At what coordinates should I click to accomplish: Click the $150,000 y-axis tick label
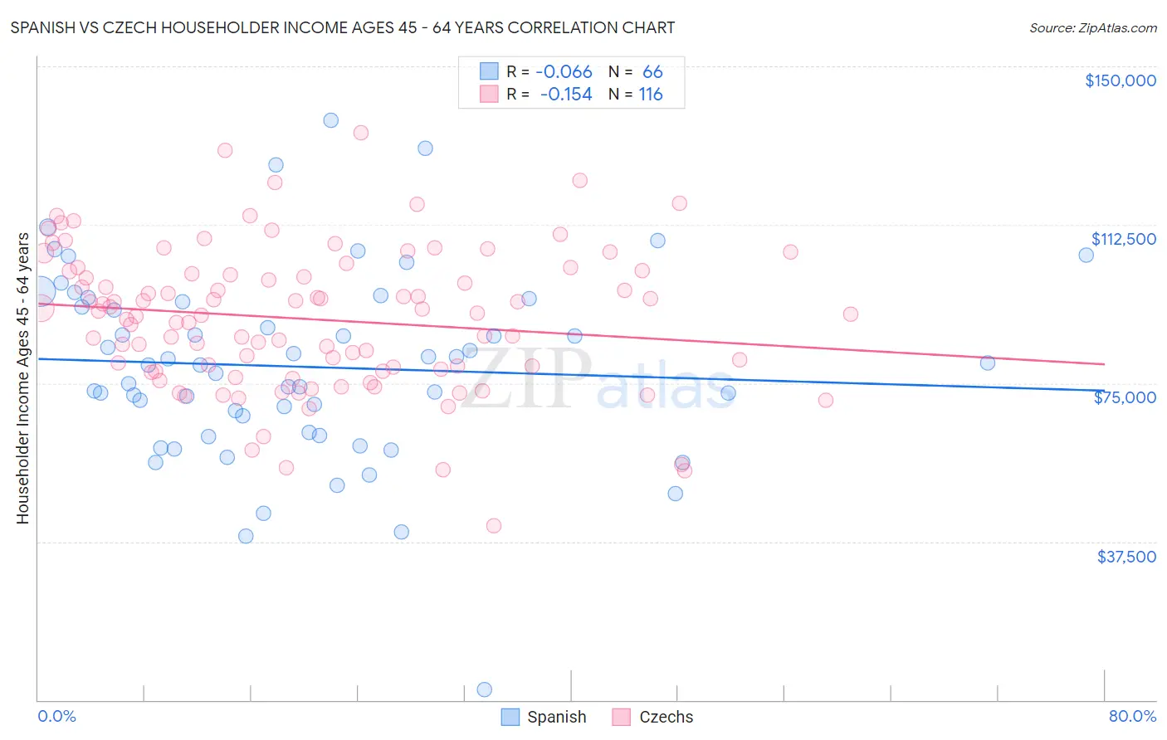[x=1120, y=80]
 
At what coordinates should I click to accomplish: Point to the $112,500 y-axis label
[x=1123, y=239]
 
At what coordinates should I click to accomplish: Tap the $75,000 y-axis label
[x=1125, y=397]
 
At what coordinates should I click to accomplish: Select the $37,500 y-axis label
[x=1126, y=557]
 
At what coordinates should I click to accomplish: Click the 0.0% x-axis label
[x=56, y=716]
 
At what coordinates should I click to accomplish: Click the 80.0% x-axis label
[x=1132, y=716]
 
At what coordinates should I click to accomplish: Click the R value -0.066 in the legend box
[x=564, y=71]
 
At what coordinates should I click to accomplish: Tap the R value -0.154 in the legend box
[x=565, y=95]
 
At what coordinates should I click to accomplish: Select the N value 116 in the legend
[x=651, y=95]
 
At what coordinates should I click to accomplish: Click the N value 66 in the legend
[x=652, y=71]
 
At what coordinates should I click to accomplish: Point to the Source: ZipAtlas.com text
[x=1092, y=27]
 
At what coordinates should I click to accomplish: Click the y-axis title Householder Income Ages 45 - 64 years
[x=22, y=377]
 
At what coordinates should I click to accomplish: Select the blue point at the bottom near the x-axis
[x=485, y=689]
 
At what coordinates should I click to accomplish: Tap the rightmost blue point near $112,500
[x=1086, y=255]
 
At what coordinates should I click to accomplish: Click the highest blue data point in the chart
[x=330, y=120]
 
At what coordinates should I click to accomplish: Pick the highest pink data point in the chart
[x=360, y=133]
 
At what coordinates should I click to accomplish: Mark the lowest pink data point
[x=494, y=525]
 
